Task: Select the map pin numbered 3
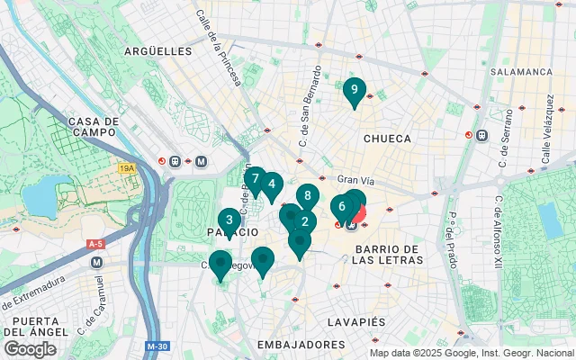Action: point(229,220)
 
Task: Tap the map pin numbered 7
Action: point(256,179)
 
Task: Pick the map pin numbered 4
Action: point(271,185)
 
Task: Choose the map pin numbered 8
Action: point(308,196)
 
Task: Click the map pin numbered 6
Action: point(342,207)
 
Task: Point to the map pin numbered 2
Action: point(305,222)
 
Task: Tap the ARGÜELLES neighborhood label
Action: point(159,51)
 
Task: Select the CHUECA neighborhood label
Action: point(387,139)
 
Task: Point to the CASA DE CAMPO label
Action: point(94,127)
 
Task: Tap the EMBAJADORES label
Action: point(301,345)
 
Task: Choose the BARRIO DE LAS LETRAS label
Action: point(387,254)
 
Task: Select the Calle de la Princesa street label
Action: point(219,48)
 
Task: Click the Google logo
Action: point(31,348)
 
